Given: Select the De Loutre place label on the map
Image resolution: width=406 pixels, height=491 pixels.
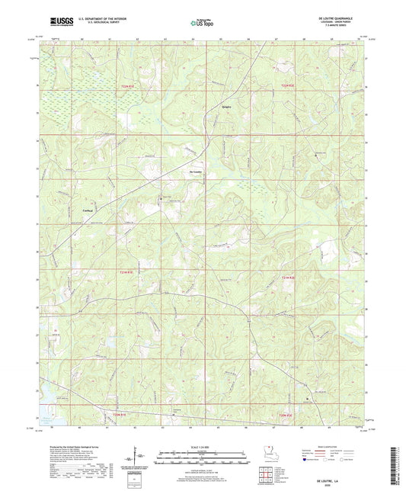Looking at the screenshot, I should coord(196,172).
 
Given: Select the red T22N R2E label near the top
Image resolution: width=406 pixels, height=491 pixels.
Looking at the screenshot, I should coord(285,85).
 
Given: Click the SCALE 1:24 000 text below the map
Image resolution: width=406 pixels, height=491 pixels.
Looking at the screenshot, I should coord(202,445).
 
